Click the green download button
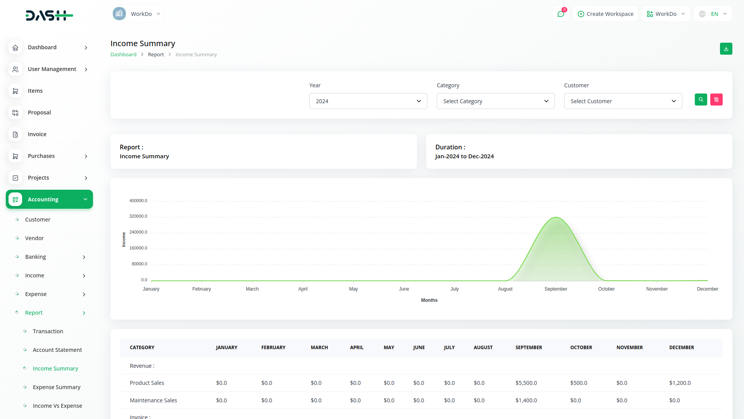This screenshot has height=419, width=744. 726,49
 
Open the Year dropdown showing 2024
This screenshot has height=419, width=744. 368,101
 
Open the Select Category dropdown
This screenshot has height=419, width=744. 495,101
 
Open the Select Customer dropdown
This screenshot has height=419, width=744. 623,101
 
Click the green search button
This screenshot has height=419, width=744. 701,100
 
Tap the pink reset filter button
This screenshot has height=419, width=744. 716,100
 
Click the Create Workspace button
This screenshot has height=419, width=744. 605,14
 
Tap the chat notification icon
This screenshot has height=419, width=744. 560,14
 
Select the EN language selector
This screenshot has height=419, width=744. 713,14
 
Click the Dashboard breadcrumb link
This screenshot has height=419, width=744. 123,55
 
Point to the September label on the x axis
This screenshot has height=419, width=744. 556,289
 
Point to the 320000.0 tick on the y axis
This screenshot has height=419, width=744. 138,216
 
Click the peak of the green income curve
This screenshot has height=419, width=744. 556,217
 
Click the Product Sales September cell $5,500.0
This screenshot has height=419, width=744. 526,383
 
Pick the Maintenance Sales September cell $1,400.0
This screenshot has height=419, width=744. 526,400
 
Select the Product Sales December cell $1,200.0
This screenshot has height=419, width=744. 680,383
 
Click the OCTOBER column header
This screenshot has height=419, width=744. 581,348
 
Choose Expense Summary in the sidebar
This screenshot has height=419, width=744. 57,387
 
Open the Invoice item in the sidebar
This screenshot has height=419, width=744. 37,134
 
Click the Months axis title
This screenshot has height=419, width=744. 429,300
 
